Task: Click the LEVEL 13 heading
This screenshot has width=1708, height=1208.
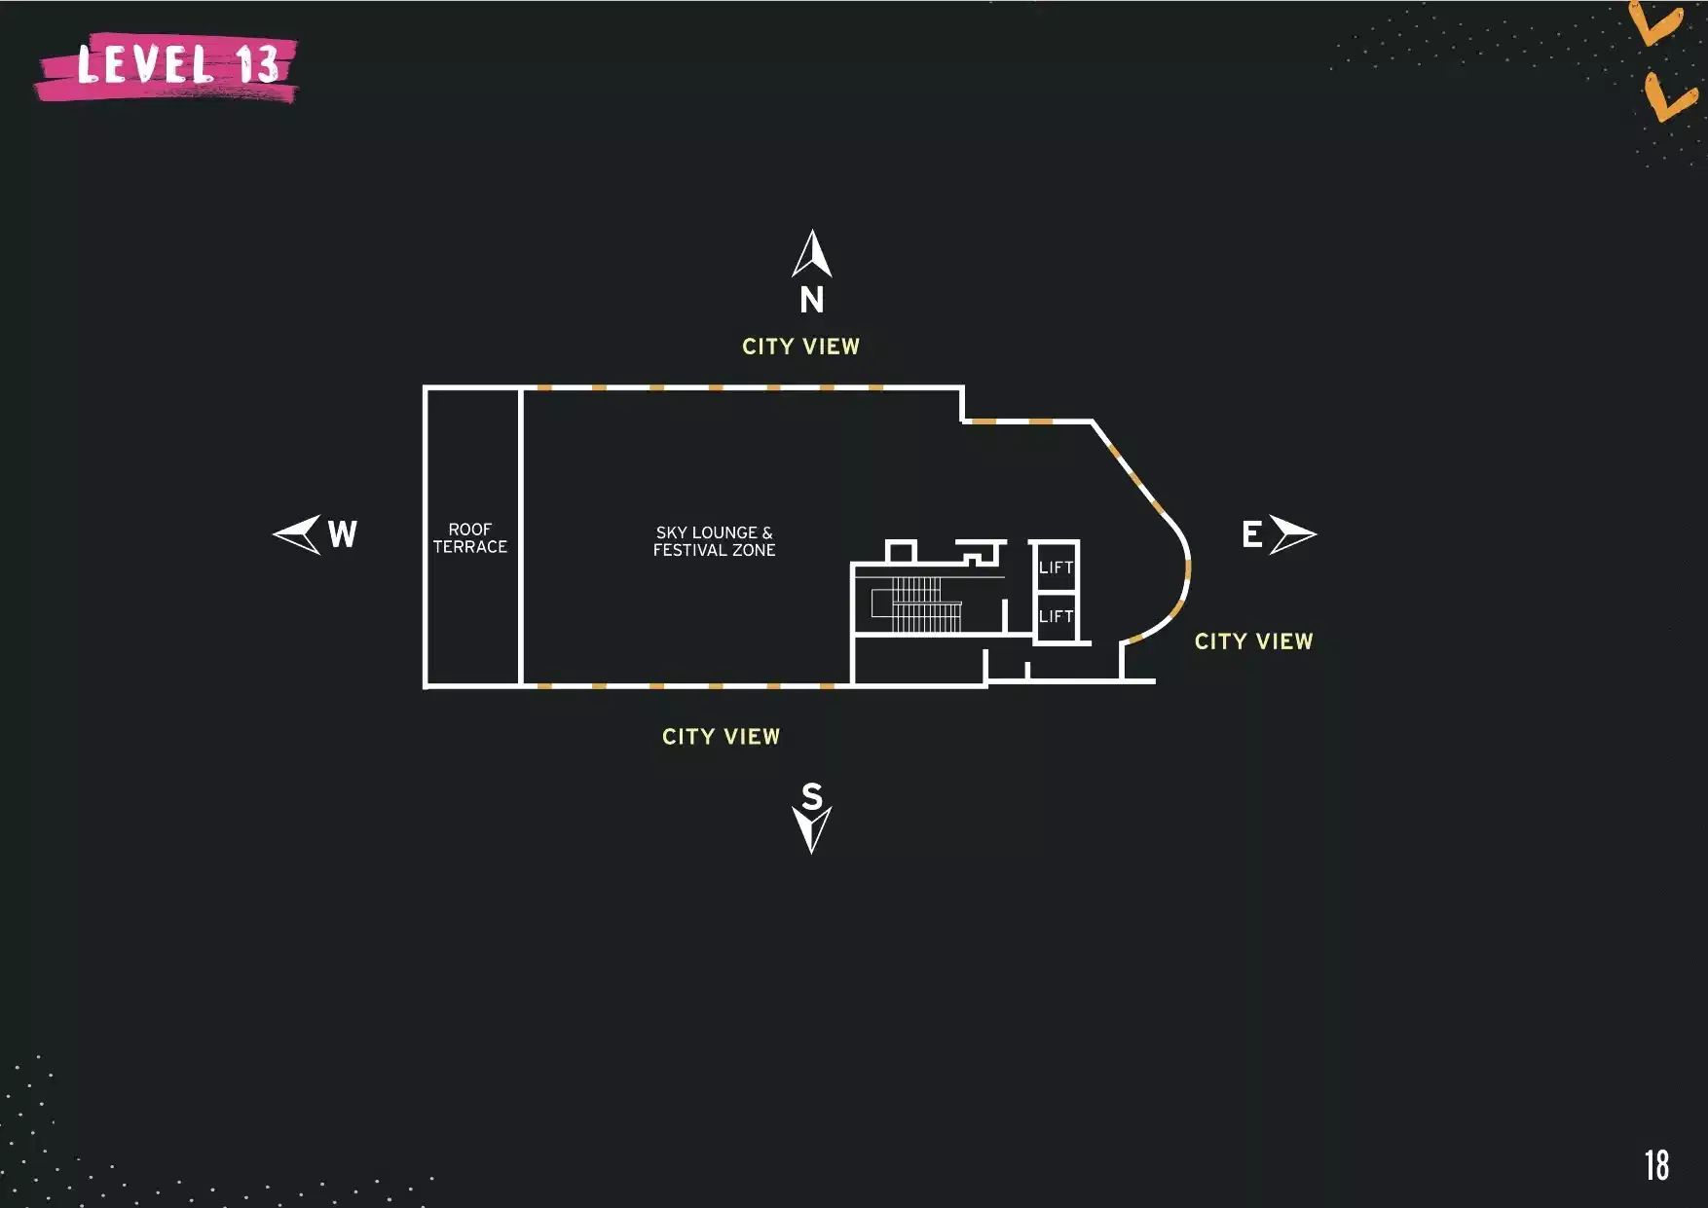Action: click(177, 64)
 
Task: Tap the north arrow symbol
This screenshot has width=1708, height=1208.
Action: click(812, 254)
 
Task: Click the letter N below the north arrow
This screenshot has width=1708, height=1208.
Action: click(812, 300)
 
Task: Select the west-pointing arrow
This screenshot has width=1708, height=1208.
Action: click(296, 534)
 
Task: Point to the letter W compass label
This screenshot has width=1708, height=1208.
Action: click(343, 534)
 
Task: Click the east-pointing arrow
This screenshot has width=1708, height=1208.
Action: click(1293, 534)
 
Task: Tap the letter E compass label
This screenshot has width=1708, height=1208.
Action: click(1252, 534)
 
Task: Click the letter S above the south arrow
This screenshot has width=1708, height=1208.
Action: click(812, 796)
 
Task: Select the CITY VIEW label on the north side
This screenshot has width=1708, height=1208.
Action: click(800, 347)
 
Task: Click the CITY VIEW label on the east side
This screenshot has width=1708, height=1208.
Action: click(1253, 641)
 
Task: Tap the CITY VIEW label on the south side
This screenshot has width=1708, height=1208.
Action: click(721, 737)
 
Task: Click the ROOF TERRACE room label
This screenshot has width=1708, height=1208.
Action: click(470, 538)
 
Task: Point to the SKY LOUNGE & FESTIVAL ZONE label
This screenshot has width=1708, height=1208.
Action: click(714, 541)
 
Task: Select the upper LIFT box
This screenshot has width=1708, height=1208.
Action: click(1056, 567)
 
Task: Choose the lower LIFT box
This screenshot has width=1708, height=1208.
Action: click(1056, 616)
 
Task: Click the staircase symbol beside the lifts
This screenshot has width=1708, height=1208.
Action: click(917, 604)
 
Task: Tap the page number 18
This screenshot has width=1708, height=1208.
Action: click(1657, 1165)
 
